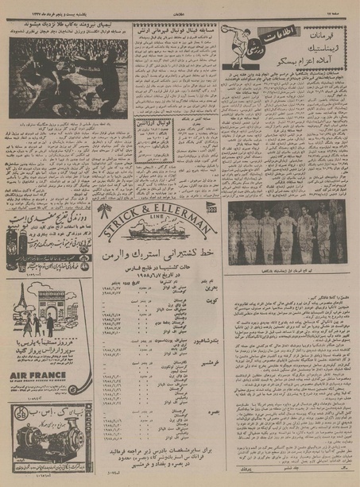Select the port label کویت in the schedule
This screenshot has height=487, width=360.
pos(206,324)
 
